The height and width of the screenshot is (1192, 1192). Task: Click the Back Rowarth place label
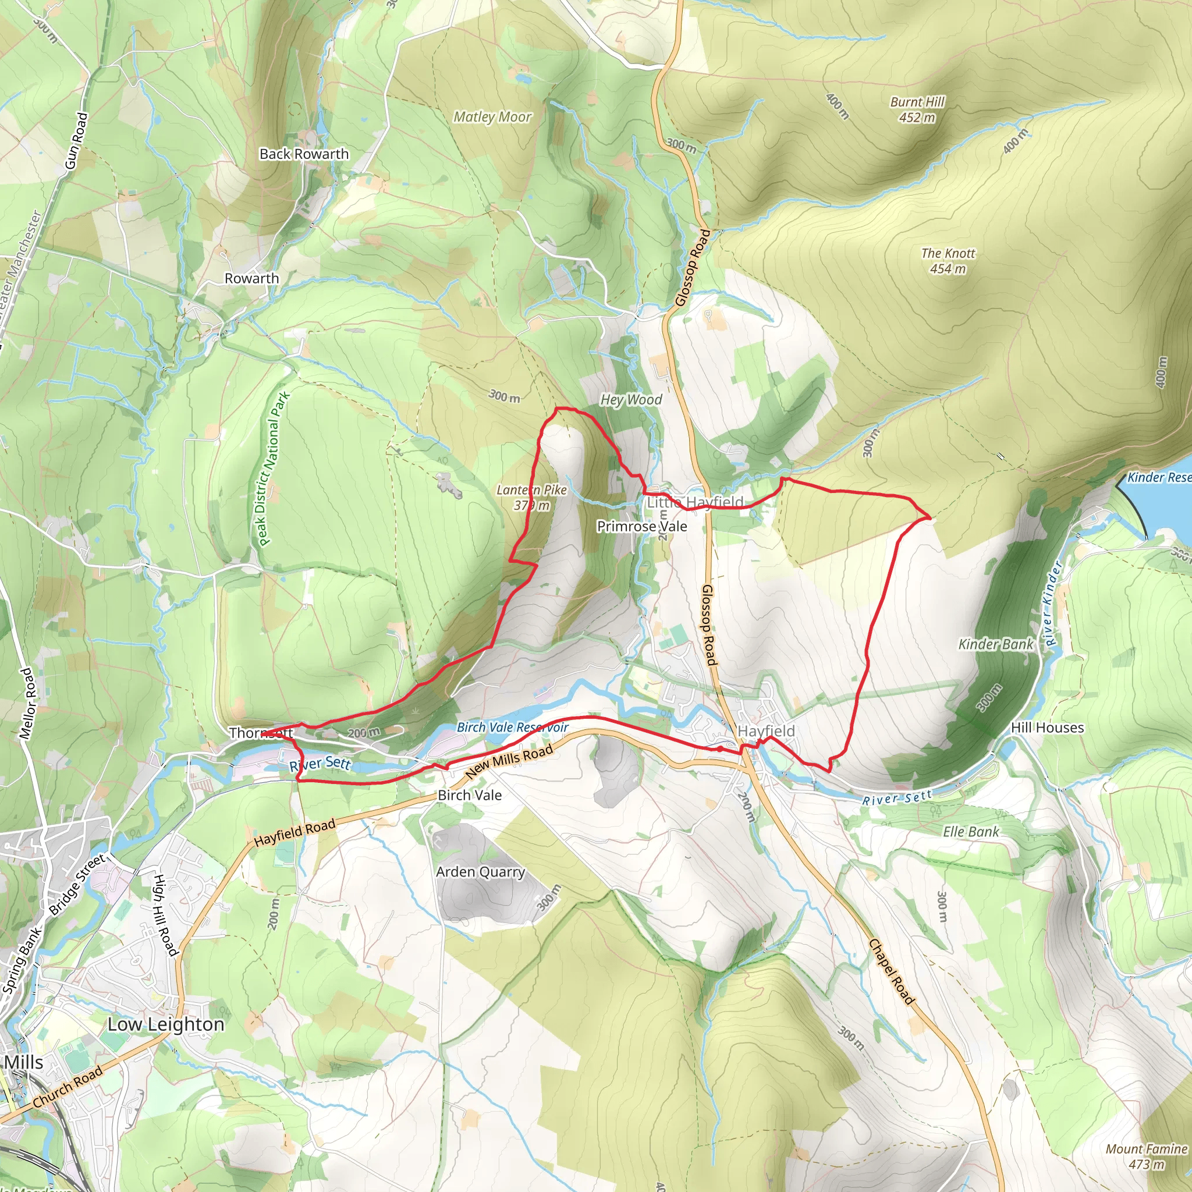click(x=304, y=154)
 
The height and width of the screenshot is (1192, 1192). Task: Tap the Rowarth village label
click(x=251, y=278)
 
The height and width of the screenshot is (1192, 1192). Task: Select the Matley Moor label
click(x=492, y=116)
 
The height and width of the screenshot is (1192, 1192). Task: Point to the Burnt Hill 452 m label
click(x=917, y=109)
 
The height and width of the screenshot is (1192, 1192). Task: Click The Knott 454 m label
click(x=948, y=260)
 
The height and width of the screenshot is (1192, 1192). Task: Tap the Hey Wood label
click(x=631, y=400)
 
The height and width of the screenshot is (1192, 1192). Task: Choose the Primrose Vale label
click(x=641, y=526)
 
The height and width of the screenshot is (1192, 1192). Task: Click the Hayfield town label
click(x=766, y=731)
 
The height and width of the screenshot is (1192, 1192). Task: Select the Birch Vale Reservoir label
click(x=512, y=728)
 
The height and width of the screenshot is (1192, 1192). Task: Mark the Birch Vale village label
click(x=470, y=795)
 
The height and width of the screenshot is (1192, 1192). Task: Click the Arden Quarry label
click(x=480, y=872)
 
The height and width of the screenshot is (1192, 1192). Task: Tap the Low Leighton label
click(x=166, y=1024)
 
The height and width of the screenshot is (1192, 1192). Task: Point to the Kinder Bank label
click(x=995, y=644)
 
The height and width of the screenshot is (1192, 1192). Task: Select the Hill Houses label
click(x=1047, y=728)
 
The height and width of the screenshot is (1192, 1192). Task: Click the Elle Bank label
click(x=970, y=832)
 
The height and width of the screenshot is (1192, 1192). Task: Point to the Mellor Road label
click(x=29, y=703)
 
